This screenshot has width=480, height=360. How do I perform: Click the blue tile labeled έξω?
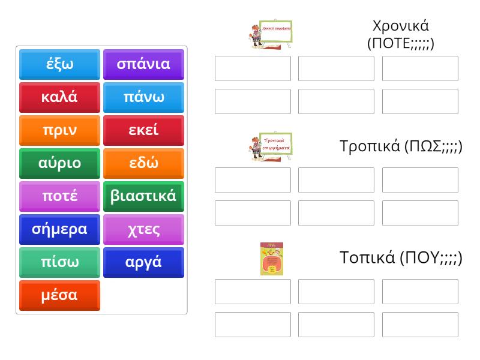[x=59, y=64]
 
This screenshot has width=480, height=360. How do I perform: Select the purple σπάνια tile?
[x=143, y=64]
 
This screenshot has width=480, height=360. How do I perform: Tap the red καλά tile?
[x=59, y=97]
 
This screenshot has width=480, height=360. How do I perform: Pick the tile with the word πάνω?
[x=143, y=97]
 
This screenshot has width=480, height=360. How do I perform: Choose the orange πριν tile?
[x=59, y=130]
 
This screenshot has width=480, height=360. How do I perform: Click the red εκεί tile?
[x=143, y=130]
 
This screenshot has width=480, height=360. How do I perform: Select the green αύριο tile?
[x=59, y=163]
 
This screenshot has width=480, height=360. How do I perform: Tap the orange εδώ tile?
[x=143, y=163]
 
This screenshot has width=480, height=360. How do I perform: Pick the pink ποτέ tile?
[x=59, y=196]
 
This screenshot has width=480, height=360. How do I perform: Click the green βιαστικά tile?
[x=143, y=196]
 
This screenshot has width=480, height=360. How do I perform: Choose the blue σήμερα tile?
[x=59, y=229]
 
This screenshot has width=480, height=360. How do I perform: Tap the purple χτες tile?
[x=143, y=229]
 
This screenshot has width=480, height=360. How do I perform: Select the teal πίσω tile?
[x=59, y=262]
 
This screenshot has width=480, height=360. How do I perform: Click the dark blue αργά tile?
[x=143, y=262]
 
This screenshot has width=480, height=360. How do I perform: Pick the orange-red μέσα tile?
[x=59, y=295]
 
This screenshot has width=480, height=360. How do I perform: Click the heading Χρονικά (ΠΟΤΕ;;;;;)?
[x=400, y=35]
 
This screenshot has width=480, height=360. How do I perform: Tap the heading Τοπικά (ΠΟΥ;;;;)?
[x=401, y=259]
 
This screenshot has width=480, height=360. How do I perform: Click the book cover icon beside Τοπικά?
[x=271, y=259]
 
